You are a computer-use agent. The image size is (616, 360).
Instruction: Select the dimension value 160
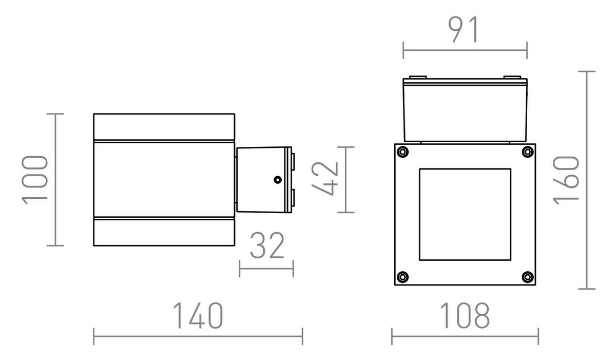pos(568,180)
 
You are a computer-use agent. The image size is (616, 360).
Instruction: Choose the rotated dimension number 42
pos(325,179)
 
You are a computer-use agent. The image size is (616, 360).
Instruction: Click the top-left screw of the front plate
pos(403,152)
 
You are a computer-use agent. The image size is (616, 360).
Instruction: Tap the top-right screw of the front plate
pos(527,152)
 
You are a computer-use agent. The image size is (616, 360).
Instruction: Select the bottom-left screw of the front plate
pos(403,277)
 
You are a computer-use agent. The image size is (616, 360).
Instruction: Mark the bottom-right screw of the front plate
pos(527,277)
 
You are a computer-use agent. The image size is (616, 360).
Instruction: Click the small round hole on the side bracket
pos(277,180)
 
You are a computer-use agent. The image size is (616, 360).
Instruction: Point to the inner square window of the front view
pos(465,214)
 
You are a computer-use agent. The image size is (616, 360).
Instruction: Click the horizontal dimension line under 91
pos(465,50)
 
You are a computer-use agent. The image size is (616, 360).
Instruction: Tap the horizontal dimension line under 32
pos(266,268)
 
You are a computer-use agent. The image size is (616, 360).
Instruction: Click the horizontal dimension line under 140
pos(198,337)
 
